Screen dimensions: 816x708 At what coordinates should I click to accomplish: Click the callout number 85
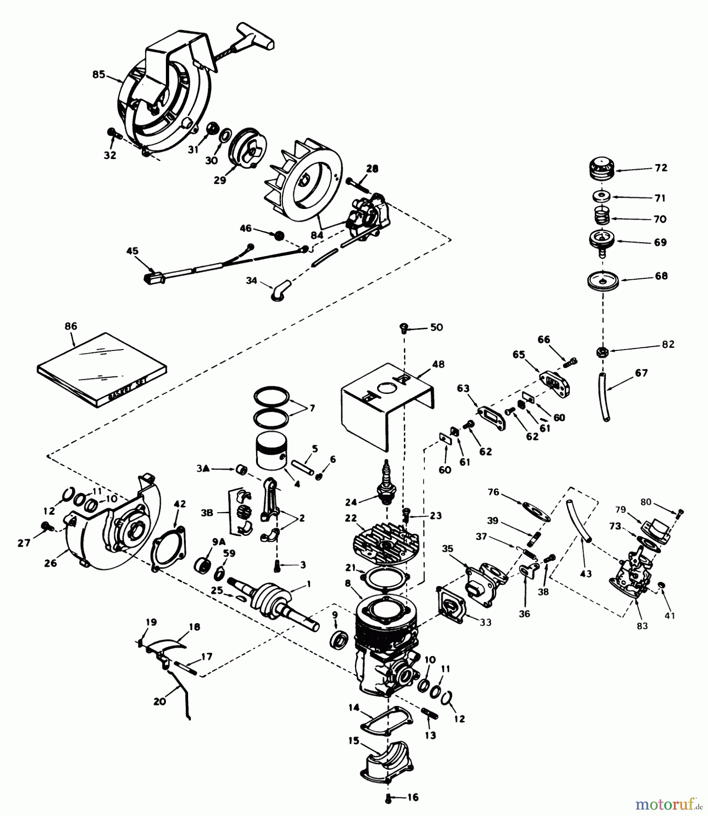pyautogui.click(x=98, y=75)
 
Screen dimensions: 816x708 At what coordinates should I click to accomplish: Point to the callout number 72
pyautogui.click(x=661, y=168)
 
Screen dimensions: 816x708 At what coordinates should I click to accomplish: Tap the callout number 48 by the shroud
pyautogui.click(x=438, y=364)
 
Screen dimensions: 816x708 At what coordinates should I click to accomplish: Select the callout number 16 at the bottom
pyautogui.click(x=413, y=797)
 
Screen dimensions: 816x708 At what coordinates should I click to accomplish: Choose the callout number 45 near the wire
pyautogui.click(x=132, y=251)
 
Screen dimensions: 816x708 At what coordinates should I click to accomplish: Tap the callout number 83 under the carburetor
pyautogui.click(x=642, y=626)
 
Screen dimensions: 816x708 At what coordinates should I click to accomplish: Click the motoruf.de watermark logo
pyautogui.click(x=665, y=805)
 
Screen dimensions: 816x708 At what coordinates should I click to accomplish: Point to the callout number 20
pyautogui.click(x=160, y=701)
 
